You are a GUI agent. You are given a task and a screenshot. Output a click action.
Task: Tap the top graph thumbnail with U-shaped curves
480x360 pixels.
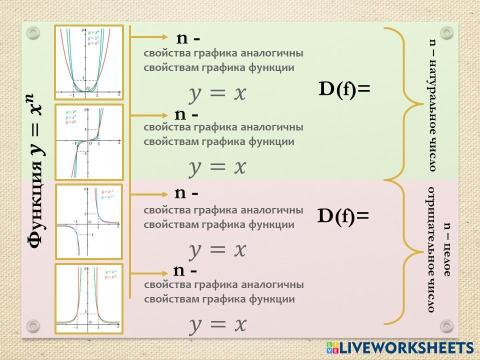(x=89, y=62)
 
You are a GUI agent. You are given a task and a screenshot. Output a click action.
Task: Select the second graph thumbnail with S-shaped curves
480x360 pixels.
(x=89, y=142)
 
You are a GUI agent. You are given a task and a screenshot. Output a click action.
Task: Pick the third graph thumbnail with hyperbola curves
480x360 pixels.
(x=89, y=221)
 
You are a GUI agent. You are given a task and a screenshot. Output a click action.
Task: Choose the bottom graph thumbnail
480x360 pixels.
(x=89, y=299)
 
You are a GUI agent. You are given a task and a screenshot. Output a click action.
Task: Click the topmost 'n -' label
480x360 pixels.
(x=188, y=38)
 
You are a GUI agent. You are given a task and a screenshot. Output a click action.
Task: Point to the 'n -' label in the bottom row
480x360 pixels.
(x=185, y=270)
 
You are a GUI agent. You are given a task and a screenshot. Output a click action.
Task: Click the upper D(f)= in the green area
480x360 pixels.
(x=344, y=89)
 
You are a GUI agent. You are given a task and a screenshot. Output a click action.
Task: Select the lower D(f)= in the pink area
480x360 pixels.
(x=343, y=216)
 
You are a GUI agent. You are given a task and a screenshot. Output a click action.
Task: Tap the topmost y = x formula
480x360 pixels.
(x=217, y=93)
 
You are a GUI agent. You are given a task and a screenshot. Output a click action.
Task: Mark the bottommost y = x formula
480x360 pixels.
(x=217, y=324)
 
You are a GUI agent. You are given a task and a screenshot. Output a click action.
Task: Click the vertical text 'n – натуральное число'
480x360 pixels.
(x=433, y=105)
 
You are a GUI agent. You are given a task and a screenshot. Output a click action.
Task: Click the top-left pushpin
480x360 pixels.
(x=33, y=33)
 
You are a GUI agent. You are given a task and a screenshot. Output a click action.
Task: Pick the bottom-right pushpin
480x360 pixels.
(x=446, y=326)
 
